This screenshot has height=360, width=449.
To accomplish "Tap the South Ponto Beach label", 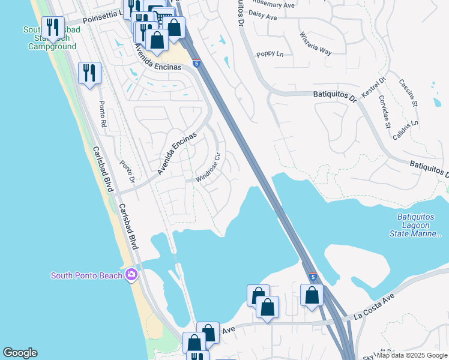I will click(x=87, y=276).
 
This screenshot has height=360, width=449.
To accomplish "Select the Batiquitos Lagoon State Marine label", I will click(x=420, y=225).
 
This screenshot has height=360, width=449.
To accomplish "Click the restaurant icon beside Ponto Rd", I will click(x=89, y=73).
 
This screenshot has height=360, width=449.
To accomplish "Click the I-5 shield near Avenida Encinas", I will click(x=196, y=62).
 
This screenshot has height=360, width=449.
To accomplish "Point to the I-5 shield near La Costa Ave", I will click(x=313, y=276).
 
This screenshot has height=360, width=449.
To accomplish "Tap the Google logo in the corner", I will click(x=20, y=353).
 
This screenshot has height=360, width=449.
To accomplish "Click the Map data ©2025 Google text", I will click(x=412, y=356).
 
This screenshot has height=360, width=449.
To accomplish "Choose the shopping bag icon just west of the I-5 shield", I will click(x=268, y=307).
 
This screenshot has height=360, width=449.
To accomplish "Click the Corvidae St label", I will click(x=384, y=115).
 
